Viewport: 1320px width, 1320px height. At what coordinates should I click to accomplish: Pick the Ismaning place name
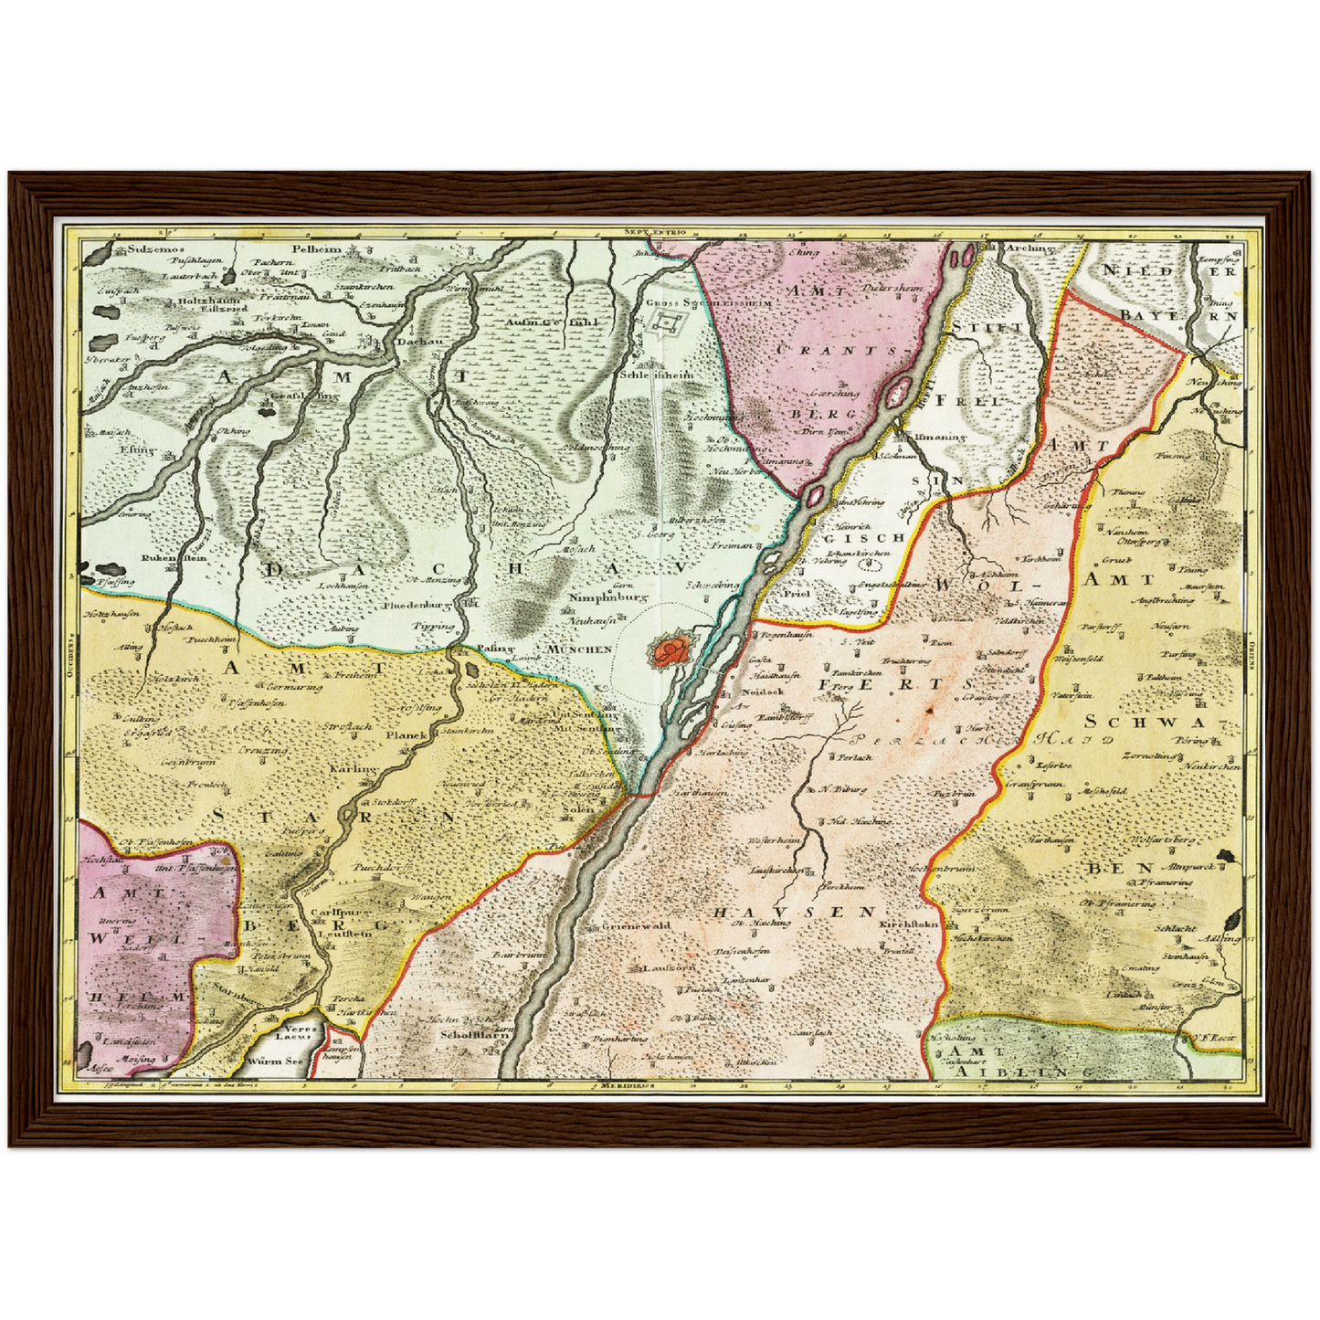point(940,437)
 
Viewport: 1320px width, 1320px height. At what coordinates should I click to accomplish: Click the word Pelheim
point(316,248)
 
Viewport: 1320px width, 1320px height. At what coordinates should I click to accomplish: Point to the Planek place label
point(407,734)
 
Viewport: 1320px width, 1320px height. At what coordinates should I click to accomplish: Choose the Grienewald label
point(637,925)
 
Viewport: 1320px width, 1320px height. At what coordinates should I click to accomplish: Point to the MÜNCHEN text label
point(579,649)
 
